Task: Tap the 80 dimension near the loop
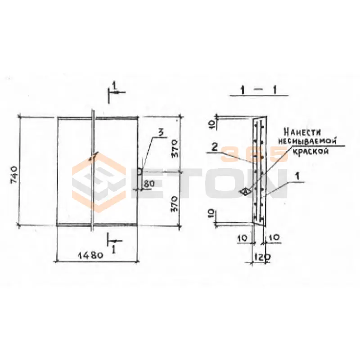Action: click(149, 183)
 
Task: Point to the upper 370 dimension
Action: click(175, 148)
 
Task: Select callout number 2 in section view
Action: click(215, 148)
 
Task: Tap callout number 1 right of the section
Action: click(297, 176)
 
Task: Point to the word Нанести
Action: click(302, 132)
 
